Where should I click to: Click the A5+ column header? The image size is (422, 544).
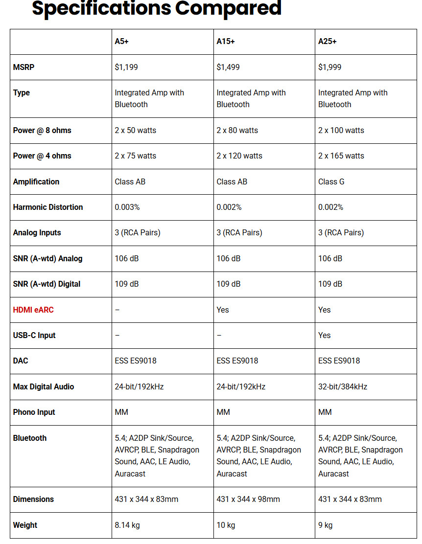pos(122,42)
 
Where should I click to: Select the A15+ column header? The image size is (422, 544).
pos(226,42)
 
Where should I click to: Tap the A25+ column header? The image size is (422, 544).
pos(328,42)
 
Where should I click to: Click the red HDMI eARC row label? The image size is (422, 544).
pos(33,310)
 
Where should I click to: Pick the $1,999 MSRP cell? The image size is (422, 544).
pos(330,67)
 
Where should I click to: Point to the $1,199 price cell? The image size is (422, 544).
pos(126,67)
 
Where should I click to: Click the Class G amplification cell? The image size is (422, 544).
pos(331,181)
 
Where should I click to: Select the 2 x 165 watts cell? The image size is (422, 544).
pos(341,156)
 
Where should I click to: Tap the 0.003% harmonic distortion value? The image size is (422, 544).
pos(127,207)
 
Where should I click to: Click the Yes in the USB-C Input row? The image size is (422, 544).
pos(325,335)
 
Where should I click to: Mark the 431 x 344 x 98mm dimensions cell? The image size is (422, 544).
pos(248,499)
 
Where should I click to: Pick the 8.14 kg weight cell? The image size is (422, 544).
pos(127,525)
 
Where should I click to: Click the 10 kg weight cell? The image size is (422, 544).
pos(226,525)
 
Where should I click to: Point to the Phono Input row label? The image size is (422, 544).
pos(34,412)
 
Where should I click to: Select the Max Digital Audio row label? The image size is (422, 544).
pos(44,386)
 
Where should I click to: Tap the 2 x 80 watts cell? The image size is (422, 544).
pos(237,130)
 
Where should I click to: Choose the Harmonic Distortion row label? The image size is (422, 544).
pos(48,207)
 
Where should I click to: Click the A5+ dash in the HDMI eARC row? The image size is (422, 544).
pos(117,310)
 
